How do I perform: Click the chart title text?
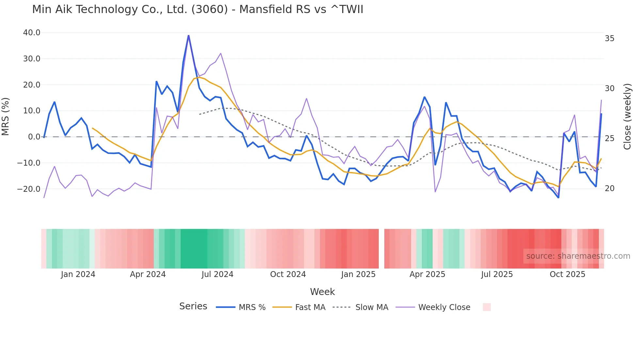198,9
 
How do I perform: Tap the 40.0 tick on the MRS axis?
32,33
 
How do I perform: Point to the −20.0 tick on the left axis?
29,189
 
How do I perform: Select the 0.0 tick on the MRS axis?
34,137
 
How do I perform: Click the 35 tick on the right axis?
609,39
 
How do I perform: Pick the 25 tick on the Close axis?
609,139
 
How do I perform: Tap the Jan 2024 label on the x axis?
78,274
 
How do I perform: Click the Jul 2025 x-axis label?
497,274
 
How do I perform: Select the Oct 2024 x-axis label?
288,274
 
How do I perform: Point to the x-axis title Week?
322,292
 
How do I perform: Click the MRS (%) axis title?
6,117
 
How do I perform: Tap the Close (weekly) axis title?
627,117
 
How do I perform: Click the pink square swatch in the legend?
487,307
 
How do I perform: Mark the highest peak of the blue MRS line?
188,35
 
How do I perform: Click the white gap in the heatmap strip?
381,249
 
